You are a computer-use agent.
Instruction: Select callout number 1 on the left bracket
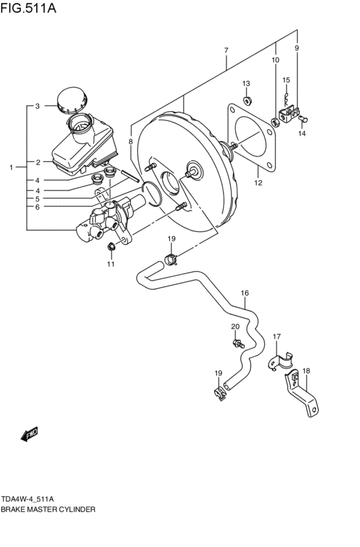pyautogui.click(x=12, y=168)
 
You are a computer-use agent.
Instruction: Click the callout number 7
pyautogui.click(x=226, y=49)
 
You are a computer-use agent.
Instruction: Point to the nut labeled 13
pyautogui.click(x=247, y=100)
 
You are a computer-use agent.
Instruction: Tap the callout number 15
pyautogui.click(x=286, y=80)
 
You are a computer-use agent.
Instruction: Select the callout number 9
pyautogui.click(x=297, y=48)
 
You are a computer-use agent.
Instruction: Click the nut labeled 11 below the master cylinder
pyautogui.click(x=111, y=246)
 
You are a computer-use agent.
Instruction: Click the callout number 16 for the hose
pyautogui.click(x=244, y=294)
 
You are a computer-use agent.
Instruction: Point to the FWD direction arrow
pyautogui.click(x=30, y=435)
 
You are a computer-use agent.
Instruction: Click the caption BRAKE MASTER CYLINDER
pyautogui.click(x=48, y=508)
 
